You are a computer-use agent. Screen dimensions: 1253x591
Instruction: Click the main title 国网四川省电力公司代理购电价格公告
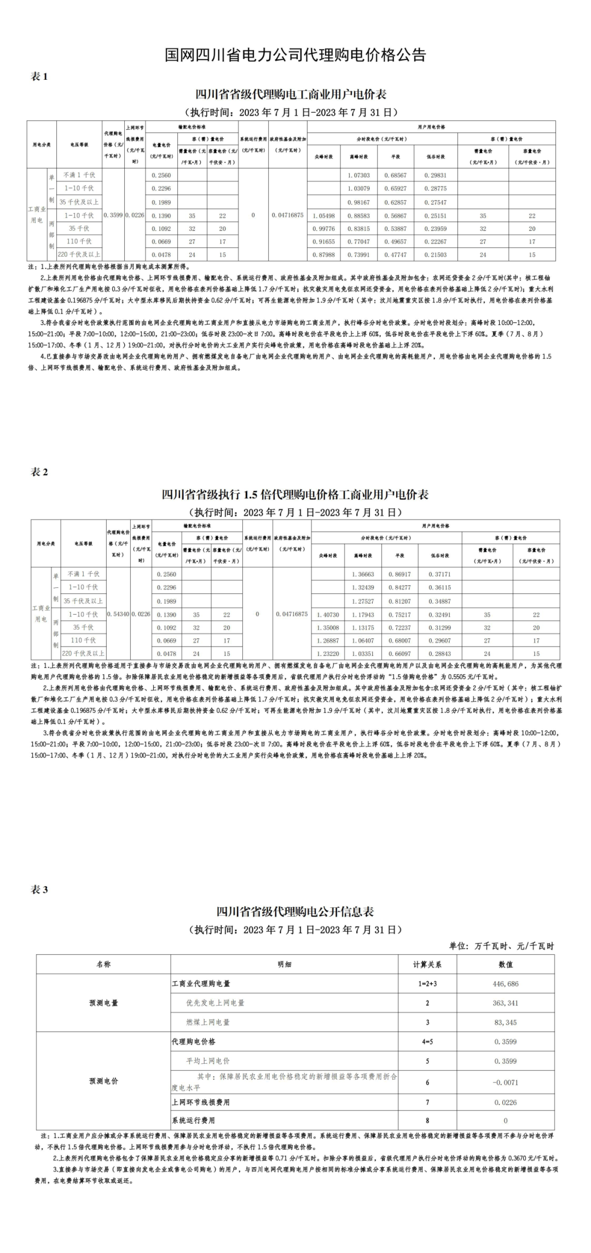[296, 55]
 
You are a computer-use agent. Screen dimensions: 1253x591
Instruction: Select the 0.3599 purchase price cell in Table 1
[113, 215]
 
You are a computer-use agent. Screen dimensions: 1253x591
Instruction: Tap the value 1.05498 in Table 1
[323, 215]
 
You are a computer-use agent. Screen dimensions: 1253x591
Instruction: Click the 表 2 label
[39, 472]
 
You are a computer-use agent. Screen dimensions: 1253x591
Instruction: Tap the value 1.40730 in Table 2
[328, 615]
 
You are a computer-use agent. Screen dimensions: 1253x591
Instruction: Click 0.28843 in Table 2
[439, 654]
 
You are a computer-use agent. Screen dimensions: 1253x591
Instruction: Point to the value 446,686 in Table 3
[505, 984]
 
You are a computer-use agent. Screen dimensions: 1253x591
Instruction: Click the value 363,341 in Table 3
[505, 1003]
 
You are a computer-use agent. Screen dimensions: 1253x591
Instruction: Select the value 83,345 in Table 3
[505, 1022]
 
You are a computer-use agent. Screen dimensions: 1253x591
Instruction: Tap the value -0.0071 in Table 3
[505, 1082]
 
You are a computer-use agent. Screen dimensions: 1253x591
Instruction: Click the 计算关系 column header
[427, 964]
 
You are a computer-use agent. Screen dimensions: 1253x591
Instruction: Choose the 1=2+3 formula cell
[427, 984]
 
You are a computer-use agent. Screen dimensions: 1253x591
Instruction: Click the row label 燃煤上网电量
[208, 1022]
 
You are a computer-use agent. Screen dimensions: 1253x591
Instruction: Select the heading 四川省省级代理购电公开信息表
[296, 912]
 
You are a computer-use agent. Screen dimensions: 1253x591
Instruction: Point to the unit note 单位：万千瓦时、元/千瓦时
[501, 946]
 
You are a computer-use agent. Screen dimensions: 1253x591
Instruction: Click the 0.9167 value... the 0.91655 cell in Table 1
[323, 241]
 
